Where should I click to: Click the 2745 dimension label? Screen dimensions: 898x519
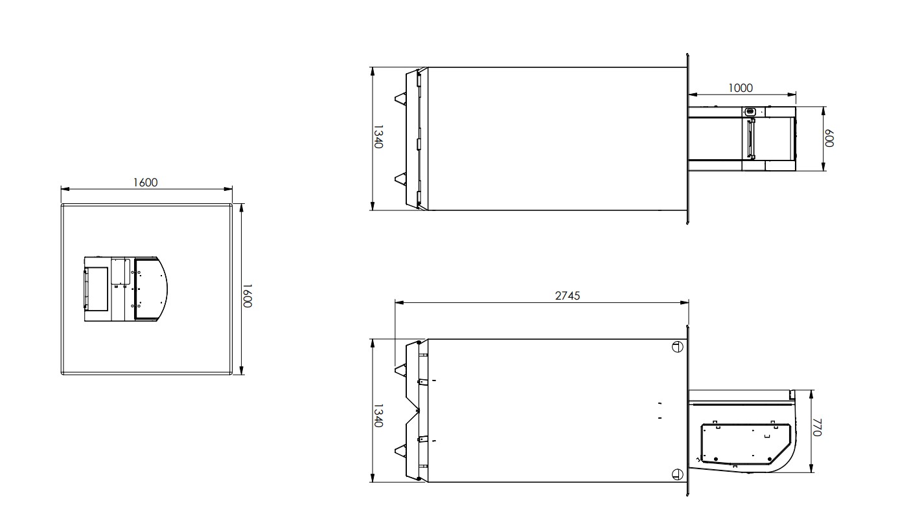[x=568, y=296]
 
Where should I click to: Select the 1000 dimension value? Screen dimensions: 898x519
[x=740, y=88]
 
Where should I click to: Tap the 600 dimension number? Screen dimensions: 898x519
[x=829, y=138]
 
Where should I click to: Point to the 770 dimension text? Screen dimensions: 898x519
[x=817, y=427]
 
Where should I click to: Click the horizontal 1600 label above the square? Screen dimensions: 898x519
[x=145, y=182]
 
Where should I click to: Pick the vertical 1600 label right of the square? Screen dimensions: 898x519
[x=248, y=296]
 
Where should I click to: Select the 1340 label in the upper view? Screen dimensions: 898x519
[x=378, y=137]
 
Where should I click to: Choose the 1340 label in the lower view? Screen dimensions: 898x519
[x=378, y=415]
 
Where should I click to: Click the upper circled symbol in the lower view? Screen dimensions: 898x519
[x=677, y=347]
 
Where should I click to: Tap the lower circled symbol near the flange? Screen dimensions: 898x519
[x=677, y=474]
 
